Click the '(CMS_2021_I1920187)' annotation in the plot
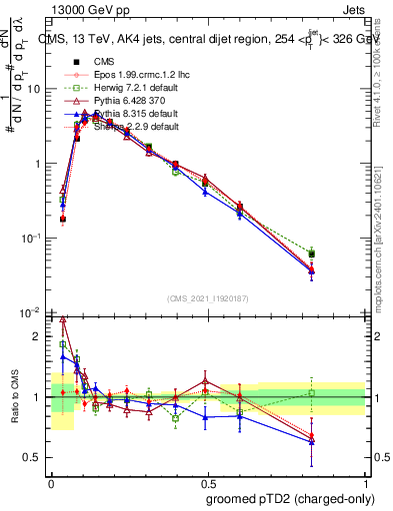(206, 299)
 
